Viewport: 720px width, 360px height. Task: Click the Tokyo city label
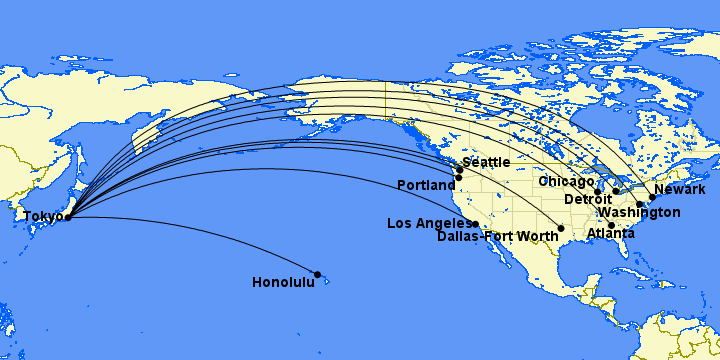[42, 216]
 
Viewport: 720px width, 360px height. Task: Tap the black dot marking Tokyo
[68, 216]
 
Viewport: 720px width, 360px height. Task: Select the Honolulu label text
[283, 282]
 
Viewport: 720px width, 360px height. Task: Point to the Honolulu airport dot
[318, 274]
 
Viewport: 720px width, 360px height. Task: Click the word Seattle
[486, 162]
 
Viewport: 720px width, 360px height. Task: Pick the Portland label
[427, 185]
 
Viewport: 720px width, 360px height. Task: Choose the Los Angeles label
[429, 223]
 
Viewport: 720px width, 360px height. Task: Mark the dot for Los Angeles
[476, 224]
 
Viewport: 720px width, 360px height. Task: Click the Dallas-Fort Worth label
[498, 237]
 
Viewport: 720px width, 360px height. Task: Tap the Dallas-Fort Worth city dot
[561, 229]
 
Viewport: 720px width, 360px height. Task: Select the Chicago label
[566, 181]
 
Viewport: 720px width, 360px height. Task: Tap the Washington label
[639, 213]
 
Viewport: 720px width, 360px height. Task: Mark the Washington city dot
[640, 204]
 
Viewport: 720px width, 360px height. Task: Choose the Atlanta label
[610, 234]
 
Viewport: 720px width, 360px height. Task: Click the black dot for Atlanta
[611, 225]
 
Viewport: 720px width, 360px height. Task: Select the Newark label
[679, 190]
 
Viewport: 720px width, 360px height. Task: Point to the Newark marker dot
[652, 197]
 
